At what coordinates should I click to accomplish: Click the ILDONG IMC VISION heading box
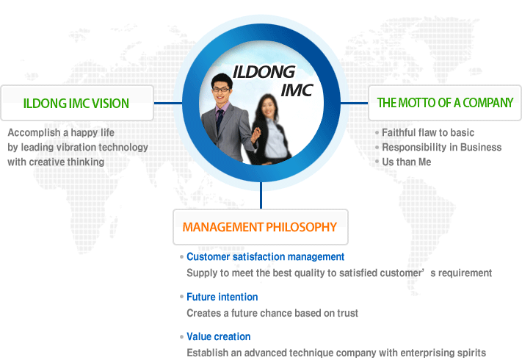coord(77,103)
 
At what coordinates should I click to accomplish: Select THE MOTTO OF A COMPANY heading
coord(445,103)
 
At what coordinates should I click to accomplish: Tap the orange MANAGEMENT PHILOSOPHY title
coord(260,227)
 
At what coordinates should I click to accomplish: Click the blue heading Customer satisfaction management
coord(265,256)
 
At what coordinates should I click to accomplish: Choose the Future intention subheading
coord(222,297)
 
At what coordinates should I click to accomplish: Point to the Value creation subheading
coord(218,336)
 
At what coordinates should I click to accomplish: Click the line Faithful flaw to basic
coord(428,132)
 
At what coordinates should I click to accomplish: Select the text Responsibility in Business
coord(441,147)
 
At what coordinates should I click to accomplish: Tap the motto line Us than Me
coord(407,162)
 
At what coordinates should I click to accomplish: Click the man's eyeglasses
coord(221,89)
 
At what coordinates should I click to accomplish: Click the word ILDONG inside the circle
coord(264,72)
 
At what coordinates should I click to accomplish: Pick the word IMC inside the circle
coord(297,90)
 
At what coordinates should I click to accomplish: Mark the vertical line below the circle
coord(261,195)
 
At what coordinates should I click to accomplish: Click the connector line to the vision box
coord(168,103)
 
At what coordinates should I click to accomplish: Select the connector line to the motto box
coord(354,103)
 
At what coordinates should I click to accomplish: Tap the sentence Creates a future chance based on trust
coord(272,313)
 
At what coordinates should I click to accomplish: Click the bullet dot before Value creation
coord(181,337)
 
